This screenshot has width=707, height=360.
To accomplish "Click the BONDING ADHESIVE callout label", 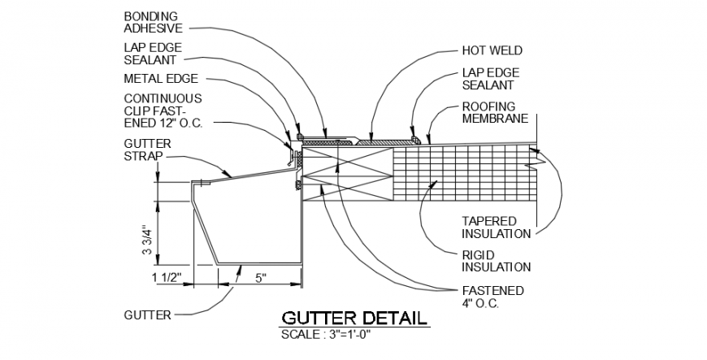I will (x=152, y=22).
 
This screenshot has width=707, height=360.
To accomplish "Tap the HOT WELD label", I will (x=492, y=50).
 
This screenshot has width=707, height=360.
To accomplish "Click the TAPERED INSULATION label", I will (x=496, y=227).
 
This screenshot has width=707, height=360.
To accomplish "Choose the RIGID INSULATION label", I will (x=496, y=261).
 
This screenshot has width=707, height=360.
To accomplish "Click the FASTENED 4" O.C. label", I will (x=492, y=297).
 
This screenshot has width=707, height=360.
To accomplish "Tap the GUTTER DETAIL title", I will (x=353, y=318).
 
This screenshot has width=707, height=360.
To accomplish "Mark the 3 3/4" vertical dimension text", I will (x=147, y=240).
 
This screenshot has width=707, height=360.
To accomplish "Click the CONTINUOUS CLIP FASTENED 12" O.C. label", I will (x=163, y=110).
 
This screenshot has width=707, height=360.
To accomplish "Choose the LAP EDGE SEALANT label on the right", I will (x=488, y=78).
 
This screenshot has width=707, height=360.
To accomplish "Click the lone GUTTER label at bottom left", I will (x=147, y=314).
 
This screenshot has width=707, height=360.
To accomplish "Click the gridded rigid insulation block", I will (x=463, y=172).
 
